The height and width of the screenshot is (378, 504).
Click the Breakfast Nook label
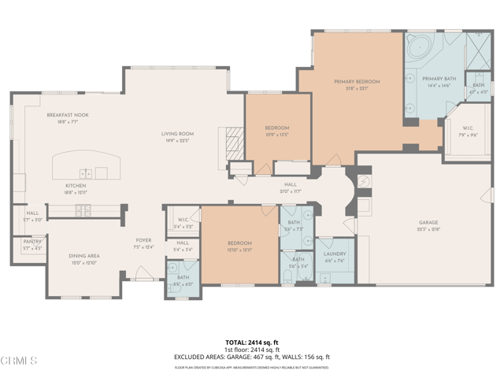(67, 115)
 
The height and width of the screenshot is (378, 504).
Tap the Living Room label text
(178, 134)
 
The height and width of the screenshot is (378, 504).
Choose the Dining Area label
(83, 256)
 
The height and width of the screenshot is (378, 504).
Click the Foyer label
(143, 241)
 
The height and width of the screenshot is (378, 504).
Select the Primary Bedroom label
(357, 82)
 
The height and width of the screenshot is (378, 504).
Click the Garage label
(428, 223)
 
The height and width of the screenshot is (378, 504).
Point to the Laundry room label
(335, 255)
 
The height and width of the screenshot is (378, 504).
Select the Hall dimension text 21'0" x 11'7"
(291, 191)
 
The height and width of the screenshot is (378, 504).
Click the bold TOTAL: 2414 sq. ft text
(252, 343)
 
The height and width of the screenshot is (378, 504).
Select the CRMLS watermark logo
(19, 361)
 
